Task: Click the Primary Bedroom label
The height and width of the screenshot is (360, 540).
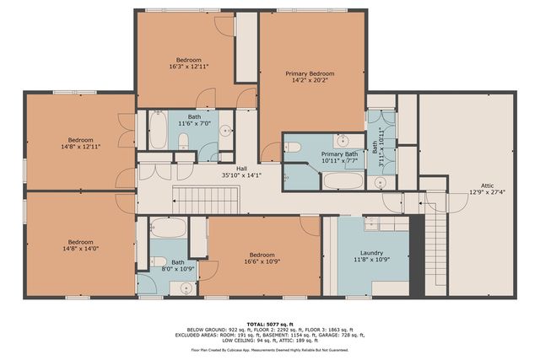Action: [309, 74]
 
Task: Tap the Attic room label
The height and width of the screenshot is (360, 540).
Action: [487, 185]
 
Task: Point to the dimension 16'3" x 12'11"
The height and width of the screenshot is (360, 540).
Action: [188, 66]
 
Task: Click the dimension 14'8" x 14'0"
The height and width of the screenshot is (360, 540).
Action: [80, 249]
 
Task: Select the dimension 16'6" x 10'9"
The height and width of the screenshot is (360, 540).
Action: [262, 261]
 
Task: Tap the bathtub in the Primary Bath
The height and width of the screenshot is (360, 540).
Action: [343, 180]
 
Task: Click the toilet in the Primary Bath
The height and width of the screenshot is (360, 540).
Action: [293, 147]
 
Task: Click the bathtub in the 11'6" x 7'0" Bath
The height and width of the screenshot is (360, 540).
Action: [158, 131]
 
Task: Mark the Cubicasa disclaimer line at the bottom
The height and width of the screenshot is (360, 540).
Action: [269, 348]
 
